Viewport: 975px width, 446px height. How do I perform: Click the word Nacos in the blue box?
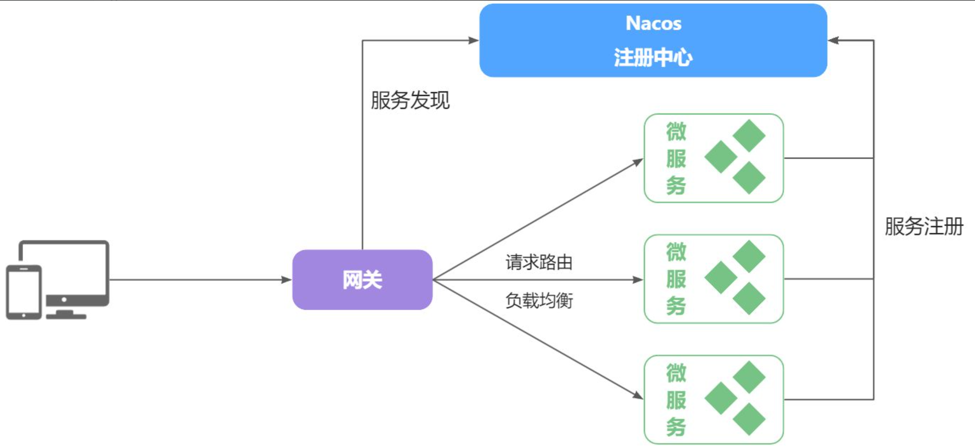pos(653,23)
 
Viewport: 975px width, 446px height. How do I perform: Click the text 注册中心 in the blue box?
pos(653,57)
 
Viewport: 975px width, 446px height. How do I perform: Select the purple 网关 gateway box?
pos(362,280)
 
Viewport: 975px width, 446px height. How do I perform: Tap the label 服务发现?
pos(410,100)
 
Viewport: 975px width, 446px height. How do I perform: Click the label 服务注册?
pos(924,226)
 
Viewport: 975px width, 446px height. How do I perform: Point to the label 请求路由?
pos(539,262)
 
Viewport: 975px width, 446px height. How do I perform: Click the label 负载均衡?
pos(539,300)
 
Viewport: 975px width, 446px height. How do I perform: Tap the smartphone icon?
pos(24,292)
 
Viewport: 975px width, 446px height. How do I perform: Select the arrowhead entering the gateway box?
pos(286,280)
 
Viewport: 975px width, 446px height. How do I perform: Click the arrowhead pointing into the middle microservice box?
pos(638,280)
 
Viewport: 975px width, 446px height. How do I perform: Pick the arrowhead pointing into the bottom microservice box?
pos(638,395)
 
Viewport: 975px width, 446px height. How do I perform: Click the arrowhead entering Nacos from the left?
pos(474,40)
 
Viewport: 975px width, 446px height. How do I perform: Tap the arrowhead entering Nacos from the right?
pos(834,40)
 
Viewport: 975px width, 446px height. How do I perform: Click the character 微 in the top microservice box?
pos(676,132)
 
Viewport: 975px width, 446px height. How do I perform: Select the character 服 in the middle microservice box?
pos(676,279)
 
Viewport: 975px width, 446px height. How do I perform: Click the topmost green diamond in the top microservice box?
pos(749,135)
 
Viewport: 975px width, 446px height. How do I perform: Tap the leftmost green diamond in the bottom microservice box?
pos(721,398)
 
